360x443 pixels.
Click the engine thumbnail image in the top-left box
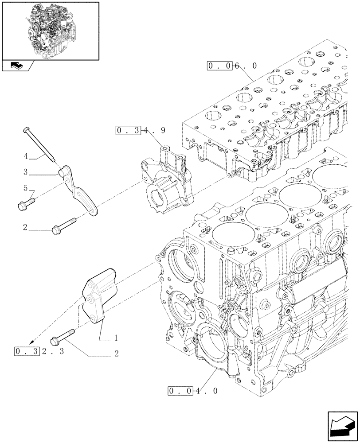click(x=50, y=31)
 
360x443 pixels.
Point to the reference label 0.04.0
click(x=192, y=391)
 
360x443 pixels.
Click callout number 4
click(x=26, y=156)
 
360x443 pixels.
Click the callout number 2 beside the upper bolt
click(x=26, y=229)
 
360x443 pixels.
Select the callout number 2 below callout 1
click(x=116, y=354)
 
